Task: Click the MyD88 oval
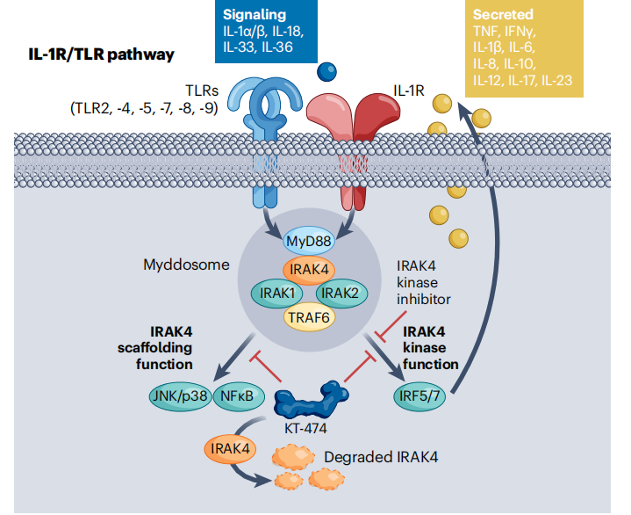[x=308, y=242]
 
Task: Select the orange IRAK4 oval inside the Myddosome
[x=309, y=269]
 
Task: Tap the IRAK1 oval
[x=276, y=293]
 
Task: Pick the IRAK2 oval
[x=341, y=293]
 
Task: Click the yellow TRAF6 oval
[x=309, y=317]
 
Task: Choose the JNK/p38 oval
[x=180, y=396]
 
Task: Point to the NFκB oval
[x=237, y=396]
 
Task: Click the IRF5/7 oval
[x=419, y=396]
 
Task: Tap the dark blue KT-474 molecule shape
[x=311, y=400]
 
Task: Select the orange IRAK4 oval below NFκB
[x=230, y=448]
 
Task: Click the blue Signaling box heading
[x=255, y=15]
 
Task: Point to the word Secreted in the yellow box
[x=503, y=15]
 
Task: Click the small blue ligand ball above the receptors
[x=326, y=72]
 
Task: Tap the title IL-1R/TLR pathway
[x=102, y=54]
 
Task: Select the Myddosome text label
[x=186, y=265]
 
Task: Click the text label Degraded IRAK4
[x=381, y=457]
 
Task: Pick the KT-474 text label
[x=305, y=428]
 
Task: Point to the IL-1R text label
[x=409, y=91]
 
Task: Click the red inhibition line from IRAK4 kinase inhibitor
[x=391, y=325]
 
